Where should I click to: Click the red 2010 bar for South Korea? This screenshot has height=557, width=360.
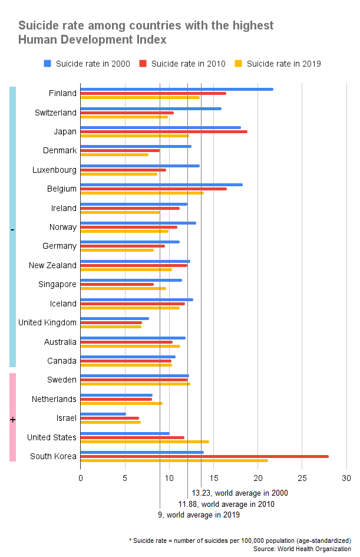point(204,456)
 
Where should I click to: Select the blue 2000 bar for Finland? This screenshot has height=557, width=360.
point(177,89)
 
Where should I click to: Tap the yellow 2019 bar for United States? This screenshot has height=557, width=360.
point(144,441)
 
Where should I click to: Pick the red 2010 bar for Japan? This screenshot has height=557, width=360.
point(164,131)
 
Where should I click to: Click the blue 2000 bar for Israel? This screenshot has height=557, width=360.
point(103,414)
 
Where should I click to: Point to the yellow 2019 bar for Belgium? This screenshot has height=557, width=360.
point(142,193)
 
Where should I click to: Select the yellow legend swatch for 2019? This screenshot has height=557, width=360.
point(239,64)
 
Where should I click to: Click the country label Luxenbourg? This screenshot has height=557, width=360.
point(54,170)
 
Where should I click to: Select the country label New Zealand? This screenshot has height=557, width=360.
point(52,265)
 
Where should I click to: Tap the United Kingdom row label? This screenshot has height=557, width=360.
point(47,322)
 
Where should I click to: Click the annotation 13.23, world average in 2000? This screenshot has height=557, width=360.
point(240,493)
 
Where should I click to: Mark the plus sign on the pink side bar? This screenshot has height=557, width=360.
point(12,420)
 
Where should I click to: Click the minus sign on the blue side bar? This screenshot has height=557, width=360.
point(12,229)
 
